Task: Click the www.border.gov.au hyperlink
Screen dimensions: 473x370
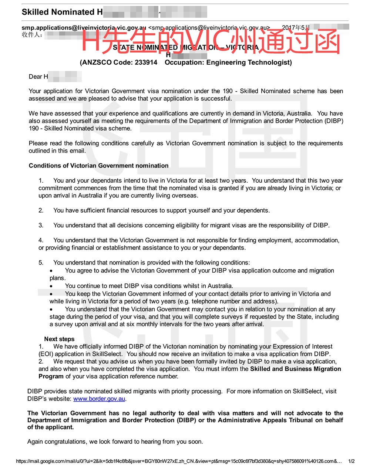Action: coord(99,399)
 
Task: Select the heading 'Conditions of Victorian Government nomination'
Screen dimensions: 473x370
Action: coord(98,166)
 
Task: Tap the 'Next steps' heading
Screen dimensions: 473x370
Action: coord(59,339)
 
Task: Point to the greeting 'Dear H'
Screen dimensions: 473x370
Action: coord(38,77)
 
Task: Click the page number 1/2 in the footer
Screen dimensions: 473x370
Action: coord(351,461)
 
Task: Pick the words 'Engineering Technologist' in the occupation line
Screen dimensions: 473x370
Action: coord(249,62)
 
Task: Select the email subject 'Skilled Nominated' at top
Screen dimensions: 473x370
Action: coord(58,12)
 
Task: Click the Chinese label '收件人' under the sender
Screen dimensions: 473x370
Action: coord(32,35)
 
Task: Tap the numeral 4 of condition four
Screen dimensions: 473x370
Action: coord(41,240)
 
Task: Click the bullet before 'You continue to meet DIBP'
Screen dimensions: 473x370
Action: coord(51,286)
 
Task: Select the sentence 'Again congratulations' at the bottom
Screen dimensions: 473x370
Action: coord(115,442)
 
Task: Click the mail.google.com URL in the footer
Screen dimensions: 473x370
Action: coord(178,461)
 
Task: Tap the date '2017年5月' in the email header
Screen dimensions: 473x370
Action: coord(296,27)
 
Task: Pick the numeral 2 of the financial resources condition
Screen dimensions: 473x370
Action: coord(41,210)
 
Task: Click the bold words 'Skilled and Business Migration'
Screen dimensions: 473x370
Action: coord(295,369)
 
